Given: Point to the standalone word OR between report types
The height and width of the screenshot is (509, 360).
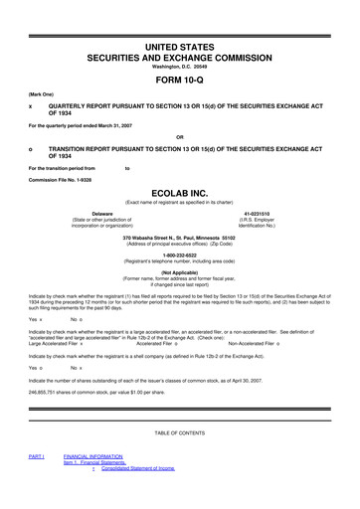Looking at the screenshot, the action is point(180,135).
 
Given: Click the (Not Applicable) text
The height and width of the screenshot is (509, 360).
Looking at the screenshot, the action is point(180,270).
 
